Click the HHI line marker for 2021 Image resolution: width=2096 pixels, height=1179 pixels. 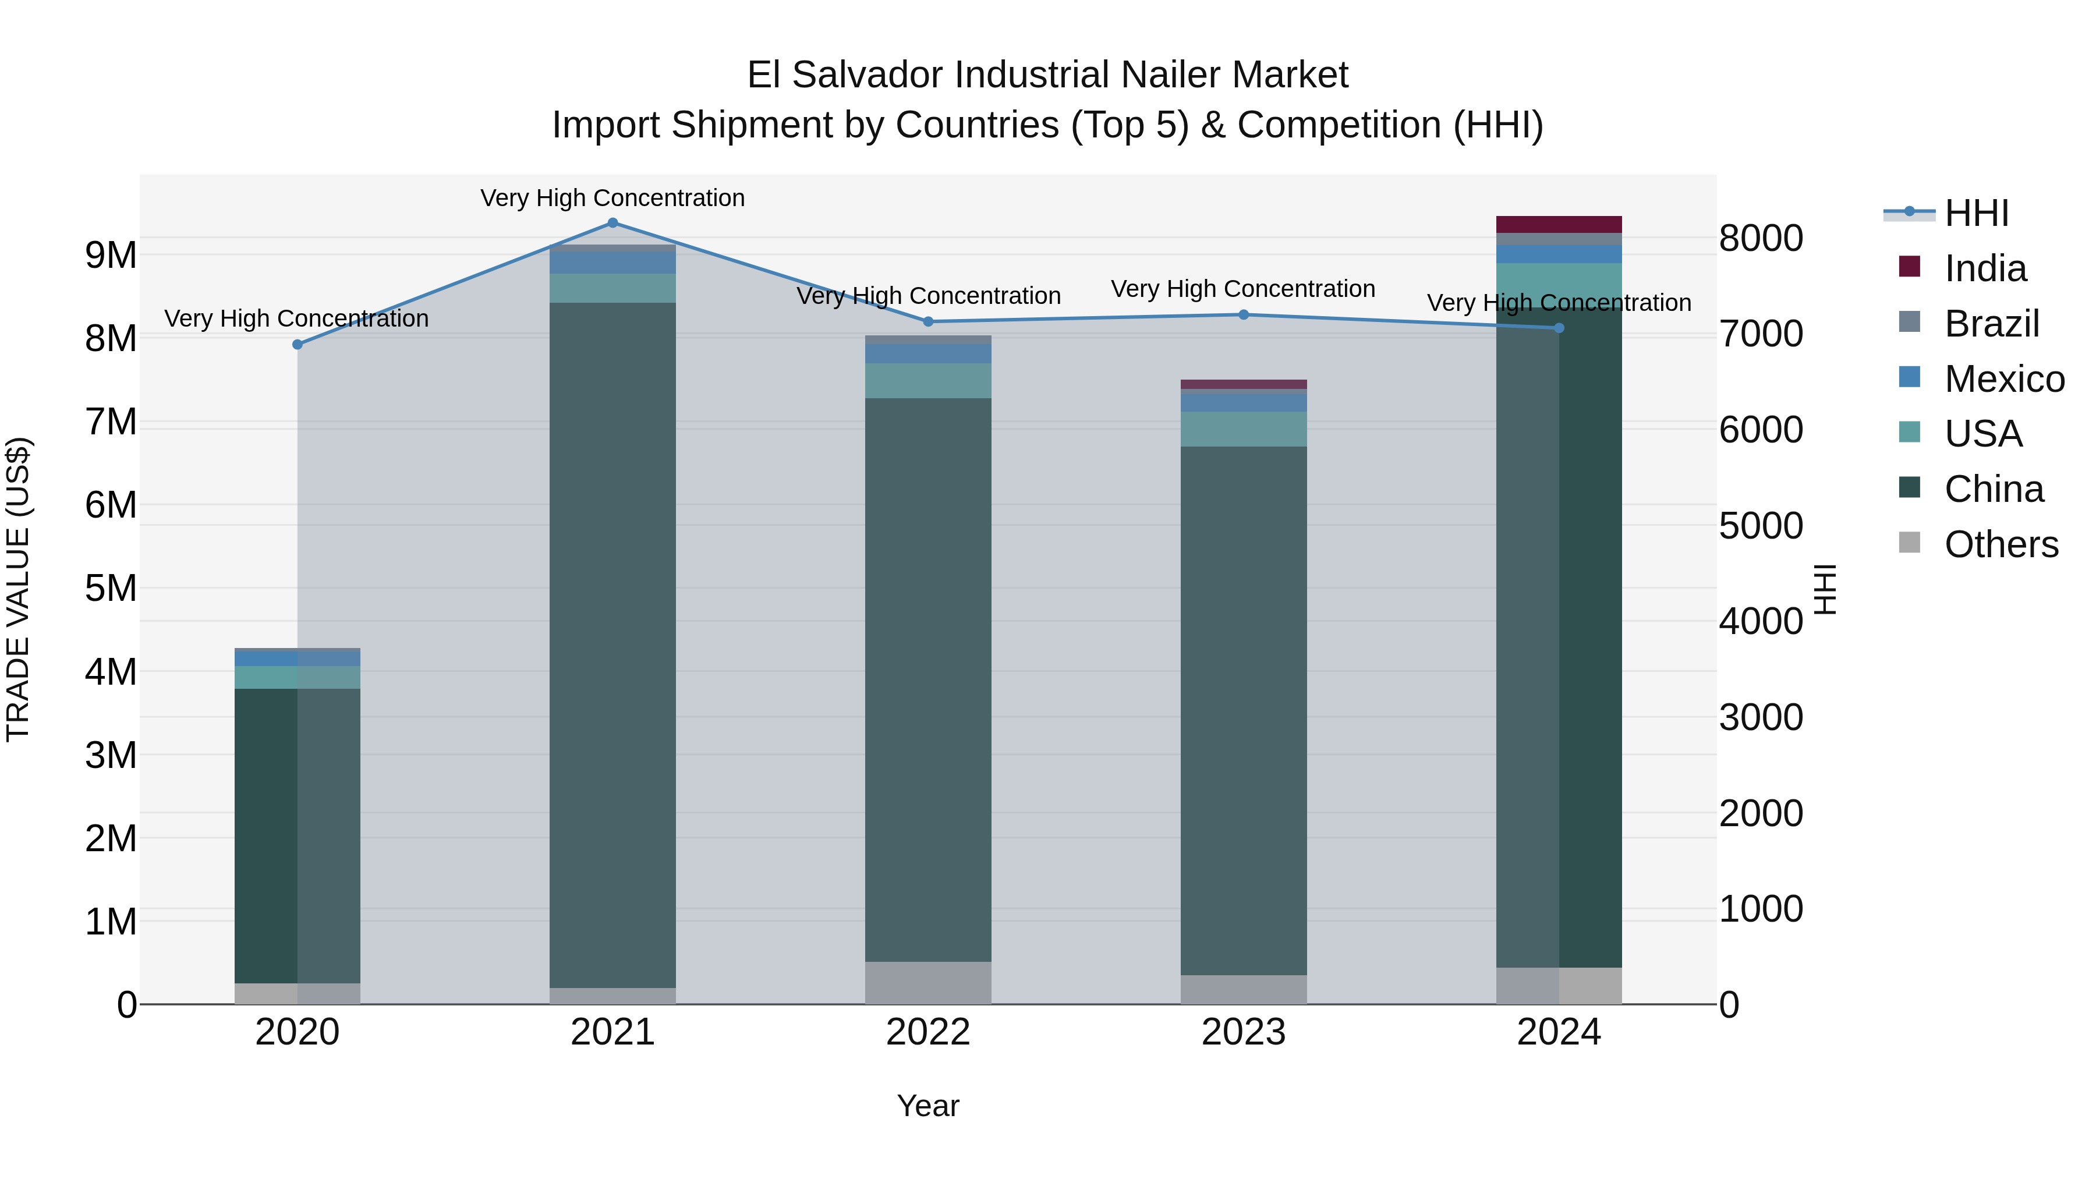[612, 223]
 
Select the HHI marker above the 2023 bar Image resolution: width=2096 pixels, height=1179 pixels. [1243, 315]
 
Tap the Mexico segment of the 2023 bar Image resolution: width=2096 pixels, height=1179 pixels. [1243, 403]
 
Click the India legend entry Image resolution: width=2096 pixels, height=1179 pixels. [1985, 268]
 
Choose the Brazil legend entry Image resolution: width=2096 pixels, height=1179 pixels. [1991, 324]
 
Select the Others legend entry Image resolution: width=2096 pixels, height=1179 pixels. [2000, 544]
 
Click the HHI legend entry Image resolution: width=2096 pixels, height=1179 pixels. [1975, 213]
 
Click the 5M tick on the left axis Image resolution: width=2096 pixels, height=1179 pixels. [111, 588]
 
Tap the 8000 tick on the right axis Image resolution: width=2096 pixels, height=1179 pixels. [1761, 239]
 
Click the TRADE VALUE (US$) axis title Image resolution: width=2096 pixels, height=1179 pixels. [18, 589]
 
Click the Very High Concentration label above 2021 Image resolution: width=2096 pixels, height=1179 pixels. [612, 198]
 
